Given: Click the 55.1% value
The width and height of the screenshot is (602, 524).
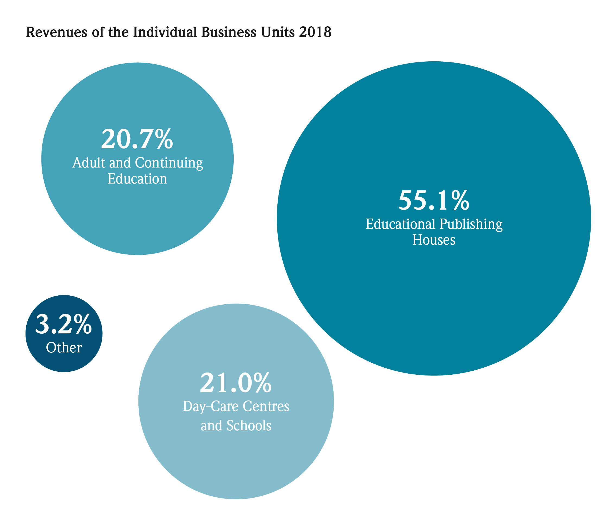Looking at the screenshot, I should pos(434,201).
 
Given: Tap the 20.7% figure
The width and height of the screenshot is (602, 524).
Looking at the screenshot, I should pos(137,139).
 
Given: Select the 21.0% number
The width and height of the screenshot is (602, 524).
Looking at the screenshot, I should pos(236,383).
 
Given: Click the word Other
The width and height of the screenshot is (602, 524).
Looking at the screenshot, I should pos(64,348).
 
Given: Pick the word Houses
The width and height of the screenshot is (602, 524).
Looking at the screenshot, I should pos(434,240).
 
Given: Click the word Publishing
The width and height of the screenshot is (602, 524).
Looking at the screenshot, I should pos(471,225).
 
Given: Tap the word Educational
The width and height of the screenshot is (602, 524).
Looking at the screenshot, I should pos(401,224).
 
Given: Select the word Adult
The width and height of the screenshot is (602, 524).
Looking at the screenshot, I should pos(89,163).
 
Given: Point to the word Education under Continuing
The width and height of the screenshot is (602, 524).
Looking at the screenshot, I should pos(137,179).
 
